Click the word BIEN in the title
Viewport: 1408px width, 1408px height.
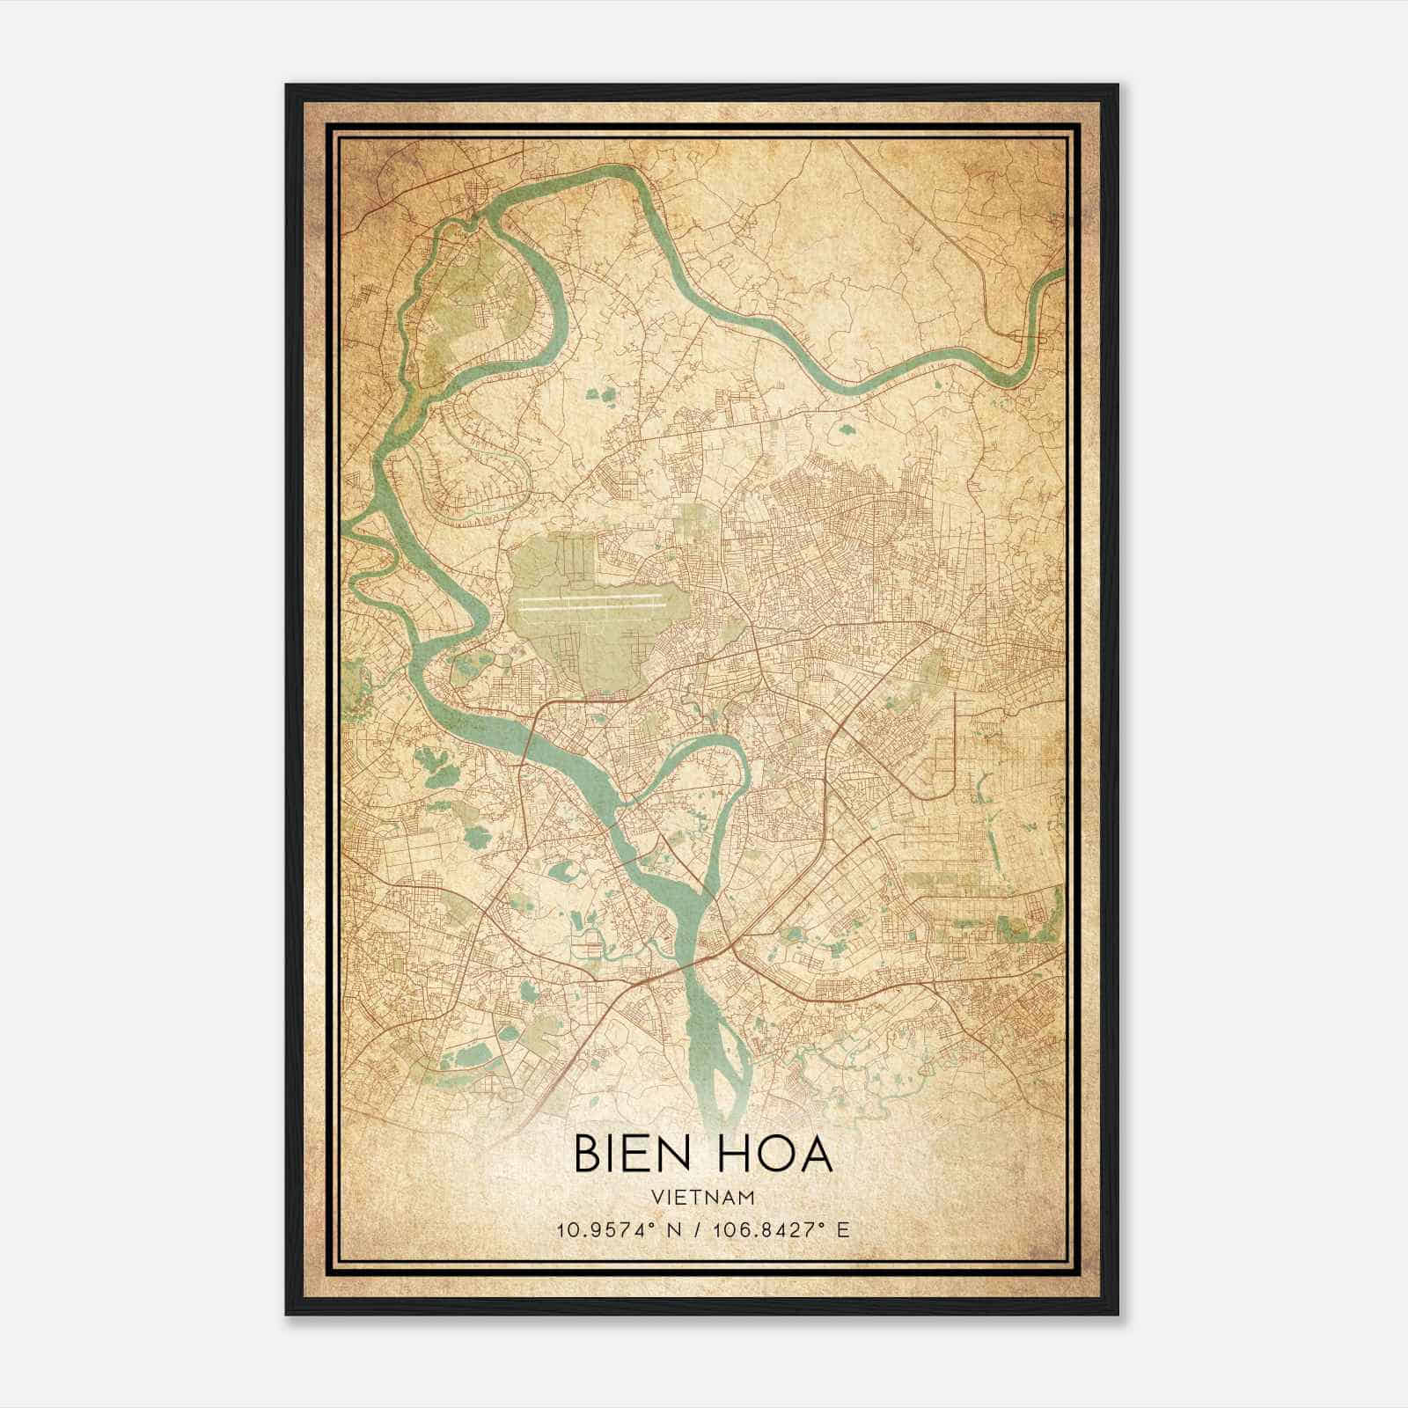pos(630,1154)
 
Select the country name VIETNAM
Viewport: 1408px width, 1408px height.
pos(703,1197)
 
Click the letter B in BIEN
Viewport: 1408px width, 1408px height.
pos(587,1154)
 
